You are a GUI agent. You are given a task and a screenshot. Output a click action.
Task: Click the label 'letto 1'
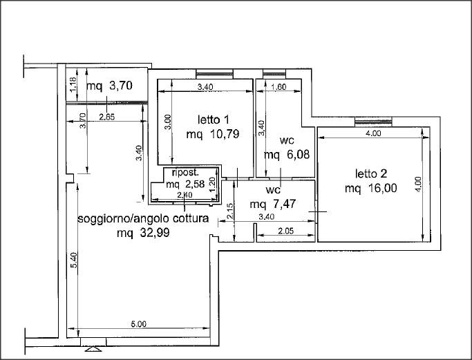[213, 120]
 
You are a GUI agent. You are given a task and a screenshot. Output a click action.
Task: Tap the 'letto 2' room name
[371, 173]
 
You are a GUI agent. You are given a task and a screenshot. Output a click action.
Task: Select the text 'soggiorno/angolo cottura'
[143, 219]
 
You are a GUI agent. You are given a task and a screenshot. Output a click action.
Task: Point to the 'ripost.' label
[185, 173]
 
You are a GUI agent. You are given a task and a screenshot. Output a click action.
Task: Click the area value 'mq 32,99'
[143, 233]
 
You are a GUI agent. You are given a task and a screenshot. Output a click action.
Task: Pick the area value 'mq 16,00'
[371, 189]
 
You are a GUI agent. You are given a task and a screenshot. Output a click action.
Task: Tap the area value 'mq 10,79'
[213, 134]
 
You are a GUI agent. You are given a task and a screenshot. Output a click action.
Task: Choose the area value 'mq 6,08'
[287, 155]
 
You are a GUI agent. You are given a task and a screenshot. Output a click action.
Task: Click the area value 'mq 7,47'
[273, 205]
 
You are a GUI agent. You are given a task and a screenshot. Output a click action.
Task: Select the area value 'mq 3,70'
[109, 86]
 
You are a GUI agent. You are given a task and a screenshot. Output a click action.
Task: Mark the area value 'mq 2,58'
[185, 184]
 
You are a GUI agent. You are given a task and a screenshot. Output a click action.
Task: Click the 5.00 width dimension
[138, 324]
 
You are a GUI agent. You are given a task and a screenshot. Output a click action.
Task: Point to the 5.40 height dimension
[75, 260]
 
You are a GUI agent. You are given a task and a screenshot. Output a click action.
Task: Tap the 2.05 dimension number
[285, 231]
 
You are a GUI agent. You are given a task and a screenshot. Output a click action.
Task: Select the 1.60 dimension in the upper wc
[279, 87]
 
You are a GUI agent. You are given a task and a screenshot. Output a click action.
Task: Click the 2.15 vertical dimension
[230, 211]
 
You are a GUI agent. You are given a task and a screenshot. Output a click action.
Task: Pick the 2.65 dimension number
[107, 117]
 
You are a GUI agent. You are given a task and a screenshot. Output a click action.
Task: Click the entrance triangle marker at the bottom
[93, 349]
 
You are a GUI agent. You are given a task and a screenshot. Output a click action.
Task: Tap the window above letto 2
[373, 122]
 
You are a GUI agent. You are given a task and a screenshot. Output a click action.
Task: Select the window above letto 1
[215, 74]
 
